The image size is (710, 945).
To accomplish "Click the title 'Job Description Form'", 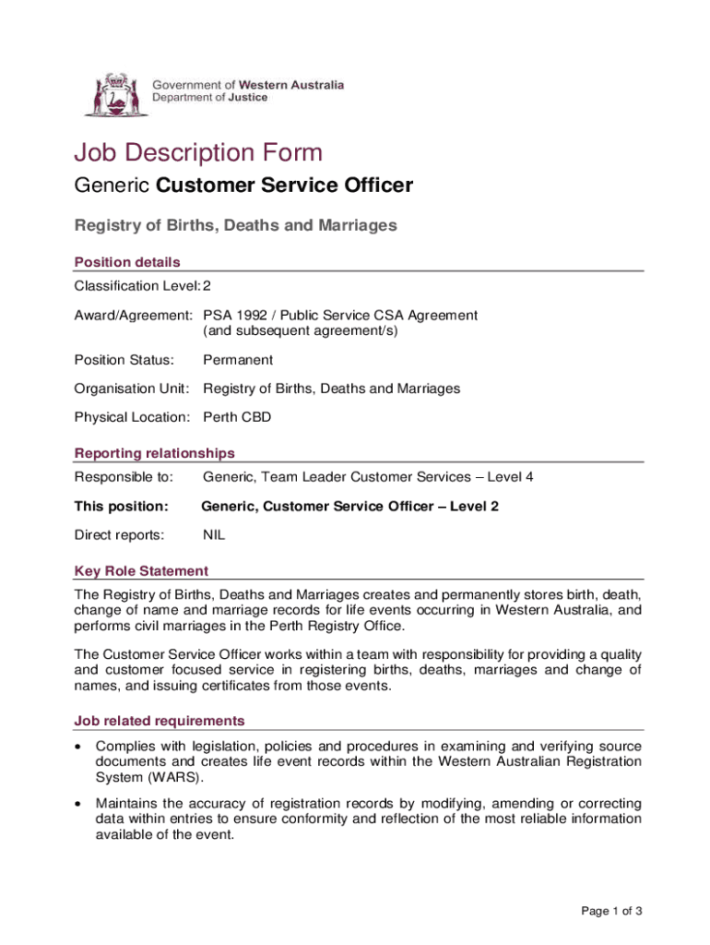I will click(198, 152).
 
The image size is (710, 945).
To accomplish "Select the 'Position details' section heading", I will click(127, 262).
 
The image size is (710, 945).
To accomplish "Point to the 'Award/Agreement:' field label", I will click(133, 316).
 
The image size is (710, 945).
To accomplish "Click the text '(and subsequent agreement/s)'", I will click(301, 330).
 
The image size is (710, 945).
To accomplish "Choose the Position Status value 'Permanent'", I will click(238, 360).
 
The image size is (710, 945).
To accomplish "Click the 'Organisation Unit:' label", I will click(132, 389).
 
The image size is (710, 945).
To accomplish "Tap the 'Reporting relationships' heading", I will click(154, 453).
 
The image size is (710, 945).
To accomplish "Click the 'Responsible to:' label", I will click(124, 477).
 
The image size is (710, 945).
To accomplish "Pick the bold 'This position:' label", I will click(121, 506).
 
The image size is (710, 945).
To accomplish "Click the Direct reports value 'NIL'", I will click(214, 534).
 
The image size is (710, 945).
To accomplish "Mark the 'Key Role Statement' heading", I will click(141, 570).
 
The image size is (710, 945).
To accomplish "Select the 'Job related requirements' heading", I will click(160, 721).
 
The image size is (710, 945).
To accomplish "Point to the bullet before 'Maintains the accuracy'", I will click(81, 803).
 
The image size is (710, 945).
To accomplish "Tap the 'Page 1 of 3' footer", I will click(611, 912).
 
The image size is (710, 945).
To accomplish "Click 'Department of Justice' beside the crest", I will click(210, 97).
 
